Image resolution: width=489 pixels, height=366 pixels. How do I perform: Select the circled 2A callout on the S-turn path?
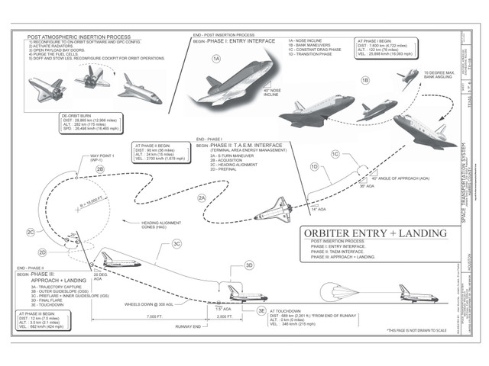(x=202, y=197)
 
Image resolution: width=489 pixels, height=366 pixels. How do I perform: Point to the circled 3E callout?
(x=261, y=311)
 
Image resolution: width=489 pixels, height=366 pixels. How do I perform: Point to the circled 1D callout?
(x=314, y=166)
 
